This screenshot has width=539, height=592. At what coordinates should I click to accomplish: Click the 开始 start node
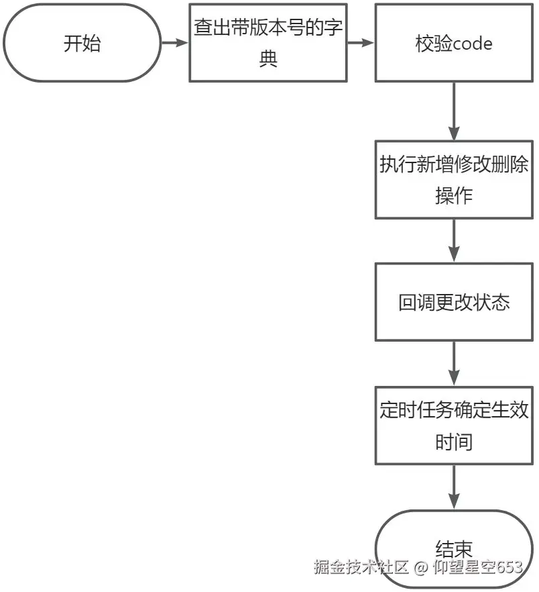[x=82, y=43]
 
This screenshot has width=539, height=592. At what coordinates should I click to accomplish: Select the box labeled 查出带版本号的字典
[x=268, y=43]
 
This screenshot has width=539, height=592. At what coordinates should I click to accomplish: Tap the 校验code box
[x=454, y=43]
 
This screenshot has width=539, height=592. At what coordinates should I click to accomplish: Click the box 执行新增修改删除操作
[x=454, y=179]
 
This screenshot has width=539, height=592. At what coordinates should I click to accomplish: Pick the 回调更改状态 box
[x=454, y=302]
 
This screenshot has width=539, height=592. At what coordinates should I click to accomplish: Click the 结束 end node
[x=454, y=547]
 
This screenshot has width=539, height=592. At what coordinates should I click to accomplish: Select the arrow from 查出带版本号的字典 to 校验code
[x=361, y=43]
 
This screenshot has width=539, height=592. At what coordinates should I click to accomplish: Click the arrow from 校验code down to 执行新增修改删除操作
[x=454, y=111]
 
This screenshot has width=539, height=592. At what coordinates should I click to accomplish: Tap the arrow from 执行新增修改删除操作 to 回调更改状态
[x=454, y=240]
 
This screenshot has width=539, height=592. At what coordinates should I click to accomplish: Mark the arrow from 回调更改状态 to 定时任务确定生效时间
[x=454, y=363]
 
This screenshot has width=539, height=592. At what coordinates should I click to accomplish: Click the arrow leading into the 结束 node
[x=454, y=487]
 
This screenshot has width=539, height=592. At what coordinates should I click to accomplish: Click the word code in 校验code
[x=473, y=44]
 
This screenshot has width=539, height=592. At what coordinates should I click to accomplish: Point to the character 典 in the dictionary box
[x=268, y=59]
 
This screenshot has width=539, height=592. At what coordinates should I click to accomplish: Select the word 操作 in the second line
[x=454, y=195]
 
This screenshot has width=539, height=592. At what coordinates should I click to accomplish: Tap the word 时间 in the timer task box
[x=454, y=442]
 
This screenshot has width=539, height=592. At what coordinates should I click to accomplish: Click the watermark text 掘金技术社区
[x=361, y=567]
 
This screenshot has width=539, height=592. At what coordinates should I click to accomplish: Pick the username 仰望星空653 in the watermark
[x=477, y=567]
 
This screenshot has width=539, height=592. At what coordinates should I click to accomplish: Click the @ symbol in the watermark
[x=420, y=568]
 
